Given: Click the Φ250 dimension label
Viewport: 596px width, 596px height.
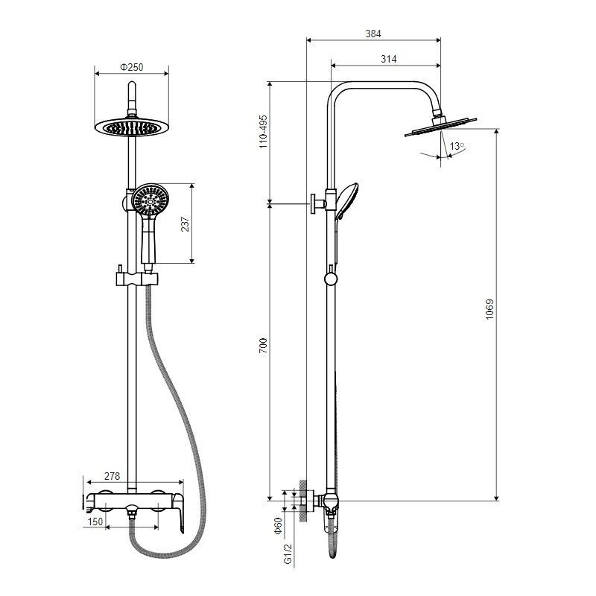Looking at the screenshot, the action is [132, 67].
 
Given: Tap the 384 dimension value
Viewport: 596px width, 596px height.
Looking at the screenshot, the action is [373, 34].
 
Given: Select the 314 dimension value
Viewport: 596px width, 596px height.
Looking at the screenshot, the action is [388, 59].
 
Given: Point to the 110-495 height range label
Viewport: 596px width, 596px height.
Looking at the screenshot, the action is [263, 132].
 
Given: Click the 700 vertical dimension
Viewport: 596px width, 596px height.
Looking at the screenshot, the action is [263, 346].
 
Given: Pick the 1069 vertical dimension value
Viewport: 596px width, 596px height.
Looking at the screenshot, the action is [489, 309].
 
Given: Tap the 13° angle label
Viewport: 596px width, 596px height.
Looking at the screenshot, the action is [457, 146].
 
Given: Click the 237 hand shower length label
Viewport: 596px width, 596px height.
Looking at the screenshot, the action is [185, 224].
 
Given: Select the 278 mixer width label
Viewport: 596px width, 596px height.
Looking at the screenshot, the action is [112, 476].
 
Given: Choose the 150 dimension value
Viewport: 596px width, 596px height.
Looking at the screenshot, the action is [95, 521].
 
